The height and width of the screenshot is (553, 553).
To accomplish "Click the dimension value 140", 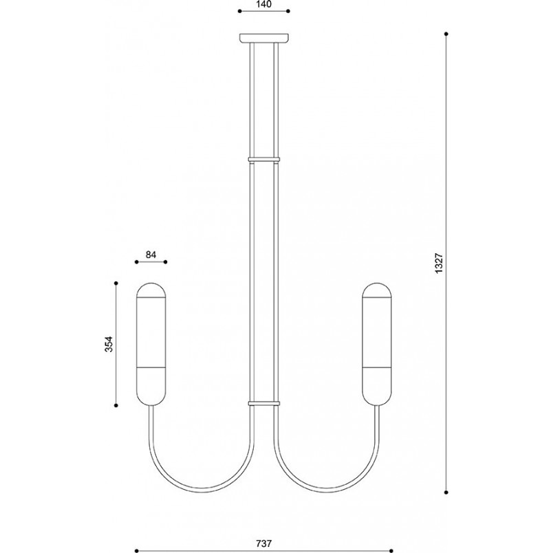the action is (x=264, y=4).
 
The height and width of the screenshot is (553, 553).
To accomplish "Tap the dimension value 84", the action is (x=151, y=254).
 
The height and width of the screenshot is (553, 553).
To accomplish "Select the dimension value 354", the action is (x=109, y=344).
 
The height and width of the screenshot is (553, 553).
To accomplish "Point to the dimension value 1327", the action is (x=439, y=263).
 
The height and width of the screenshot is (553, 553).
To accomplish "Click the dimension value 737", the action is (x=264, y=543).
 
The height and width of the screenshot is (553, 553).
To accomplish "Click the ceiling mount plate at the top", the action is (x=264, y=38).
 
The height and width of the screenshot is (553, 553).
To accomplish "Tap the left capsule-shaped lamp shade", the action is (x=151, y=344).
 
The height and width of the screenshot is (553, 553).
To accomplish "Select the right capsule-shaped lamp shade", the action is (x=377, y=344).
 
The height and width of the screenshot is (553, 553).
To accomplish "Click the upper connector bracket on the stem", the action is (x=264, y=159).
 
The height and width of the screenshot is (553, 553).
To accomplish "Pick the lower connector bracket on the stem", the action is (x=264, y=403).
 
